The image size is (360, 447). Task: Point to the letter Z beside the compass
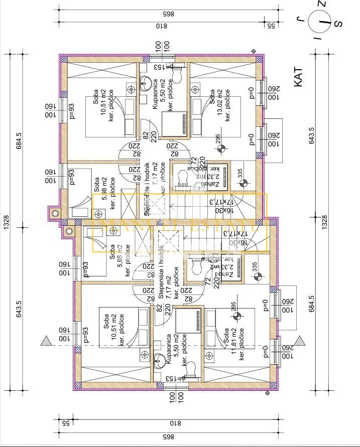point(324,5)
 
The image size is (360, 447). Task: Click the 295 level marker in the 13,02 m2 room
point(220,148)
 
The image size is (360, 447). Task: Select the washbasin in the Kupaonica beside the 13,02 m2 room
point(148,82)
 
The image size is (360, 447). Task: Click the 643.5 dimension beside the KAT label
point(312,140)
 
